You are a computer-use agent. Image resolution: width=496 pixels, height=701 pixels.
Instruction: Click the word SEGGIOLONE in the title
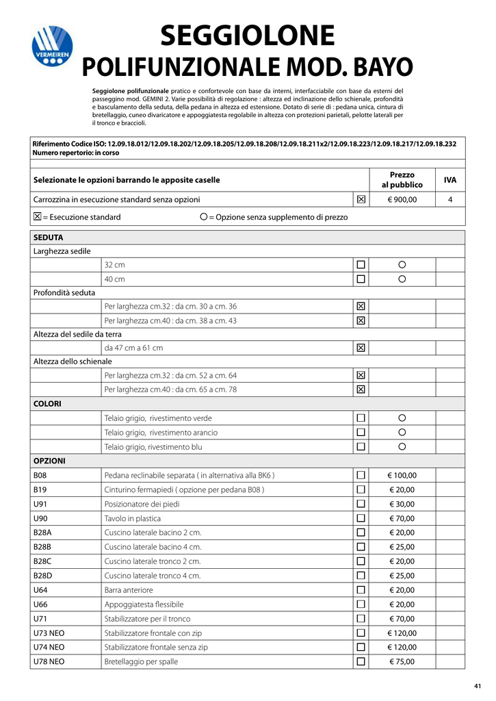247,36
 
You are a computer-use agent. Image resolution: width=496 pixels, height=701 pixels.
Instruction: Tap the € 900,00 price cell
402,200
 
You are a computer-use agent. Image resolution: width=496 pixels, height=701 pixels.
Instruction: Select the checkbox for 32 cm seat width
361,264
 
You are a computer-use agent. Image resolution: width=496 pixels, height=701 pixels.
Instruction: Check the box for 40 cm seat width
361,279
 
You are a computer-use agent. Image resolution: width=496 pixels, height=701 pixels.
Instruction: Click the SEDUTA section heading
48,238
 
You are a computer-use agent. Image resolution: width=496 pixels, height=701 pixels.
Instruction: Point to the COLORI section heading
47,404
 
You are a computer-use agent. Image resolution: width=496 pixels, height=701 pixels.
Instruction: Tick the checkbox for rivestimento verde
361,418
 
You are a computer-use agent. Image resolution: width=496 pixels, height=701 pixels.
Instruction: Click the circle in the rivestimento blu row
402,447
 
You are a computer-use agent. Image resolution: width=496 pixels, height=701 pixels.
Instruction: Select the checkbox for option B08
361,475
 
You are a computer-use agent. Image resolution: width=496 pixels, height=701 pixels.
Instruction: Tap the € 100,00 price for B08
402,475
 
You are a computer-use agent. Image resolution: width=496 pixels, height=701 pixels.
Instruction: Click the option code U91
40,504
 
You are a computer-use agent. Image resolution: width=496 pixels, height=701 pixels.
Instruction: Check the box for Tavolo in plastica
361,518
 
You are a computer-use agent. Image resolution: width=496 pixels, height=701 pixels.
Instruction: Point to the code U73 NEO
49,633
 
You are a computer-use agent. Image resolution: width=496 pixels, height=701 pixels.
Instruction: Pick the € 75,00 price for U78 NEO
402,661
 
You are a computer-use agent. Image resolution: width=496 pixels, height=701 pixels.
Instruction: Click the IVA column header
450,180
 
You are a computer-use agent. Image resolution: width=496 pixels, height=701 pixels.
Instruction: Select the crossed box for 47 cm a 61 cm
361,348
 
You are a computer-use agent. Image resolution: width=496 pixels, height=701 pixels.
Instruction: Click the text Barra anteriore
129,589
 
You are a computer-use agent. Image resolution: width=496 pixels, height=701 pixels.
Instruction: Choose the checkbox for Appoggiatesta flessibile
361,604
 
